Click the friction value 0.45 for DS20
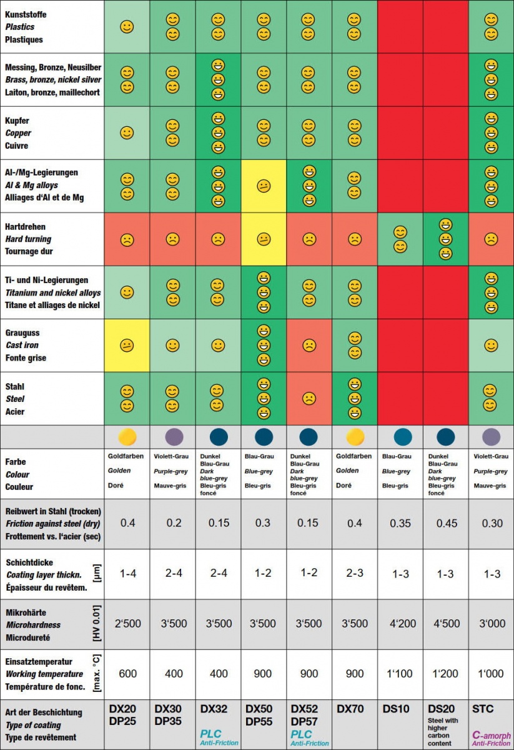445,523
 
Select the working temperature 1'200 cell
445,674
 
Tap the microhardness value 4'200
400,624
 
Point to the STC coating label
483,709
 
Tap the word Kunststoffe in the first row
26,14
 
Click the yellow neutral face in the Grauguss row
127,346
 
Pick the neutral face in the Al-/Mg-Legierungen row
264,186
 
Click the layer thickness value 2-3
355,574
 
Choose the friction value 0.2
174,523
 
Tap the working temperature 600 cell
127,674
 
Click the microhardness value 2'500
127,624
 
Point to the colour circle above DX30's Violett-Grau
173,436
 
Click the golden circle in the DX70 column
355,436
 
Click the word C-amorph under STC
491,735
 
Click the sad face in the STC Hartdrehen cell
491,239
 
